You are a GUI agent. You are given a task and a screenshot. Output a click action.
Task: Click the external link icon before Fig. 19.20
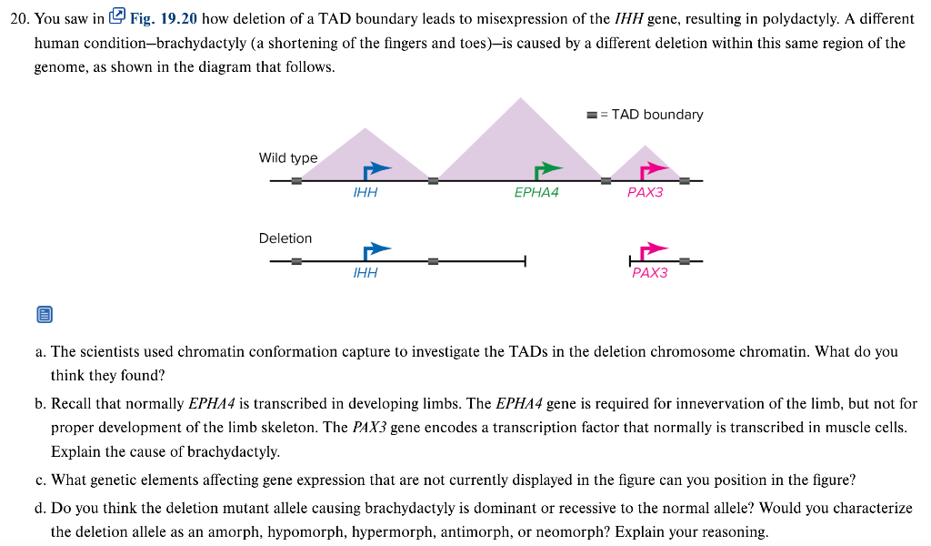[117, 16]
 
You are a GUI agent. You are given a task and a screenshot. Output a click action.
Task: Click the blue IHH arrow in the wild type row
[375, 169]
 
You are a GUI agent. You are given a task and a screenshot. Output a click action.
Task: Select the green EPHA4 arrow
[547, 169]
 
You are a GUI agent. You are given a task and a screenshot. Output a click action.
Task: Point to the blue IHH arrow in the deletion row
[375, 249]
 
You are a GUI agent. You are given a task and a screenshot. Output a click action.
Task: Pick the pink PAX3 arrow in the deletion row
[654, 249]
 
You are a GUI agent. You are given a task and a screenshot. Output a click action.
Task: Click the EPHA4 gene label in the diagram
[536, 193]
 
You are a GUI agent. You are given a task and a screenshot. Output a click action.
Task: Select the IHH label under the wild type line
[365, 193]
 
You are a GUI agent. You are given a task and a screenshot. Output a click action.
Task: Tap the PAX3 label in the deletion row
[649, 273]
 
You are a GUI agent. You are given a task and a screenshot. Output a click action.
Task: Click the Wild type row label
[288, 157]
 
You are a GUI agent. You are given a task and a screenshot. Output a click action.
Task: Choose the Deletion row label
[285, 238]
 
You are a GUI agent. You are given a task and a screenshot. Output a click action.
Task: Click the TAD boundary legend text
[657, 115]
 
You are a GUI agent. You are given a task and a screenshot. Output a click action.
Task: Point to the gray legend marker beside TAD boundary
[592, 115]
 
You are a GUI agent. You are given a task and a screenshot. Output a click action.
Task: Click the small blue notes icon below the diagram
[45, 315]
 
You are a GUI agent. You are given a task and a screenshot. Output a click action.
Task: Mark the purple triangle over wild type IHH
[364, 157]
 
